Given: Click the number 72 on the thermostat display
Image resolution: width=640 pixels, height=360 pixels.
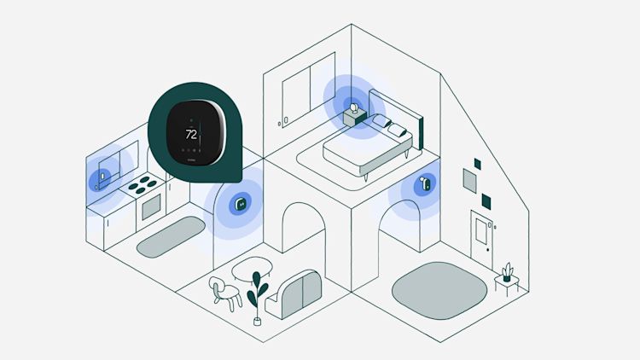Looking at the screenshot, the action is coord(191,135).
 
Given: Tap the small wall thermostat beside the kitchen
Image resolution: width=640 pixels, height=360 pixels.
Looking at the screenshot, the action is coord(241,204).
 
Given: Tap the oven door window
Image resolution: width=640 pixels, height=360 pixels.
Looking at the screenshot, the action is coord(152,207).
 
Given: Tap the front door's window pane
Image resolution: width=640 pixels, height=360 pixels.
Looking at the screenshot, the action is coord(478,228).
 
